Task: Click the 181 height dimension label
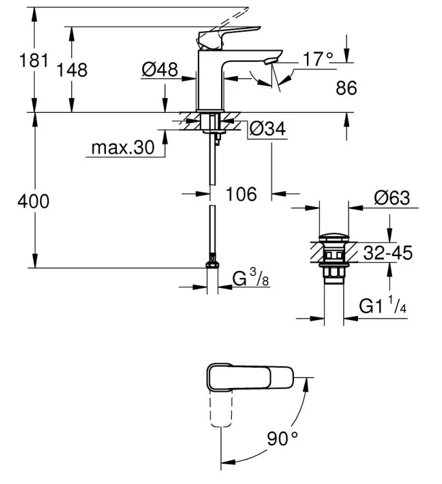[x=34, y=60]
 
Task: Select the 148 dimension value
[x=72, y=70]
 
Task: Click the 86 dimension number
[x=346, y=88]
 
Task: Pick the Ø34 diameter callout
[x=268, y=128]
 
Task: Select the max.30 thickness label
[x=123, y=148]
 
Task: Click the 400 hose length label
[x=34, y=201]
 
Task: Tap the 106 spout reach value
[x=241, y=194]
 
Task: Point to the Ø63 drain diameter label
[x=392, y=198]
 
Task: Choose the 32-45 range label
[x=388, y=253]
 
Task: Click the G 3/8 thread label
[x=250, y=277]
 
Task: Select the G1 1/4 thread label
[x=383, y=305]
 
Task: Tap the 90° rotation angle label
[x=282, y=438]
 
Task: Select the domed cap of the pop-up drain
[x=334, y=238]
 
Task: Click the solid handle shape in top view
[x=249, y=378]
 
